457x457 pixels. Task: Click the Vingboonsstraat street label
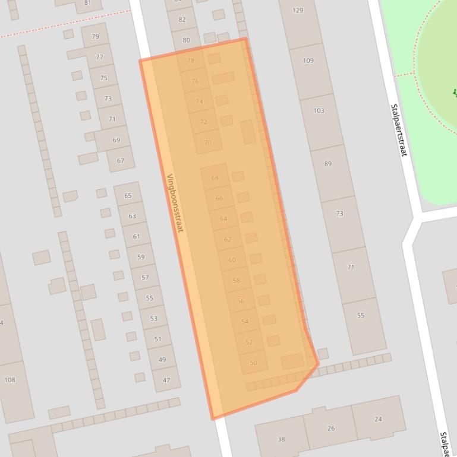176,202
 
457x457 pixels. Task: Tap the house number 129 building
298,10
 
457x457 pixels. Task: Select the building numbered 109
308,61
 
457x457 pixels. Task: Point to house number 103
319,110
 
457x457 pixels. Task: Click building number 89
328,164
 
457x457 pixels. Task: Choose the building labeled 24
378,419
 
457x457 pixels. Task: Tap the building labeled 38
281,439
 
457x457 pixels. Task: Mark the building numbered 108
10,380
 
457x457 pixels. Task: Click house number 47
166,380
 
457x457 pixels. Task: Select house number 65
128,195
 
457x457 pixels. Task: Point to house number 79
95,37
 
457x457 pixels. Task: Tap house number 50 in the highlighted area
253,363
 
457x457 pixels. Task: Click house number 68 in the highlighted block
215,177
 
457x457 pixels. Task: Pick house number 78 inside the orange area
191,61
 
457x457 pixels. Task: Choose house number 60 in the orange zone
232,260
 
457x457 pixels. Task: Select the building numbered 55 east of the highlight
361,316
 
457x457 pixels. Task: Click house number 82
182,20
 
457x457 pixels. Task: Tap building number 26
331,428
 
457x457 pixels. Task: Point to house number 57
145,278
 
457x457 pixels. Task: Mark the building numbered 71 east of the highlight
351,267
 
